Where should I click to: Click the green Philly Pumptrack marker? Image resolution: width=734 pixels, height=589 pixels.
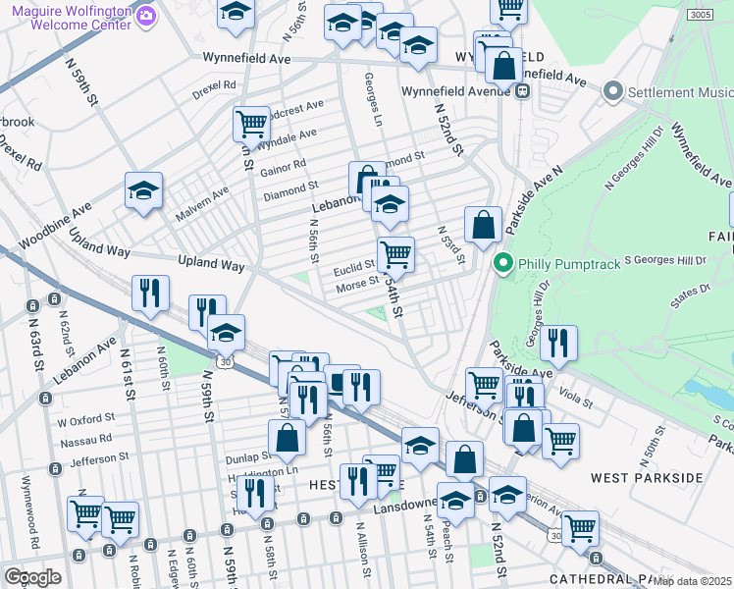(x=503, y=263)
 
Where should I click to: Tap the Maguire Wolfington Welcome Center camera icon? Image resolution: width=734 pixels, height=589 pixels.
(x=146, y=15)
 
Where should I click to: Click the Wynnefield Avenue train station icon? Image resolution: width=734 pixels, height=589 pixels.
(x=523, y=91)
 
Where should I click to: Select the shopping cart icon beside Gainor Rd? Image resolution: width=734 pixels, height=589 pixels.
(x=251, y=124)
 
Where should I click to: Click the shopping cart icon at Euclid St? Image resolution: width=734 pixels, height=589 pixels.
(x=395, y=254)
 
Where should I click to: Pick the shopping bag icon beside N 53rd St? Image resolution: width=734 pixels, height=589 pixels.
(x=483, y=225)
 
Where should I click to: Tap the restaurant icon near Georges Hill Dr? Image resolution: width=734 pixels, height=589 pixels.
(x=558, y=343)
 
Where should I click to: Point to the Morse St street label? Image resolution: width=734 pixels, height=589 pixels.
(x=357, y=284)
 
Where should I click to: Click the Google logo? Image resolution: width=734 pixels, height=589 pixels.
(x=32, y=576)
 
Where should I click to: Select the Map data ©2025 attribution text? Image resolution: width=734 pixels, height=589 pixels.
(x=692, y=581)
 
